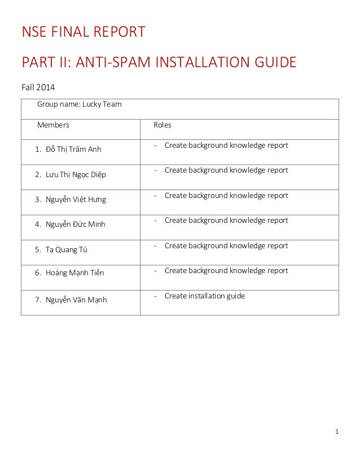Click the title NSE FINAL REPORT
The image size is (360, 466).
pos(83,32)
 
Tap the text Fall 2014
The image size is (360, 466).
pos(38,88)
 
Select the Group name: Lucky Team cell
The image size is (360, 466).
pos(79,104)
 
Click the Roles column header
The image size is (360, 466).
pos(163,125)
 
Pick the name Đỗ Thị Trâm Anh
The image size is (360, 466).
pos(73,150)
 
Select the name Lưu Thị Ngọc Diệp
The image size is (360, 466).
pos(76,174)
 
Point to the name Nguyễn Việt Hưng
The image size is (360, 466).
pos(76,199)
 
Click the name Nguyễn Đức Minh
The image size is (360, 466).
pos(75,224)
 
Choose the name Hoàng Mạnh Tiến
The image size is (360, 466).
pos(74,273)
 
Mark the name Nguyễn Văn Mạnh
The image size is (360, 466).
pos(76,300)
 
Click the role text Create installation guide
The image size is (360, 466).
pos(204,296)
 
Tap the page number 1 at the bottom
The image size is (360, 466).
pos(336,433)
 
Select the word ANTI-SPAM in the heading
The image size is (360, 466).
pos(105,62)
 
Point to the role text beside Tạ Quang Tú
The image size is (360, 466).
pos(226,246)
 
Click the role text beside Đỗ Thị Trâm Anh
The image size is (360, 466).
pos(226,146)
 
